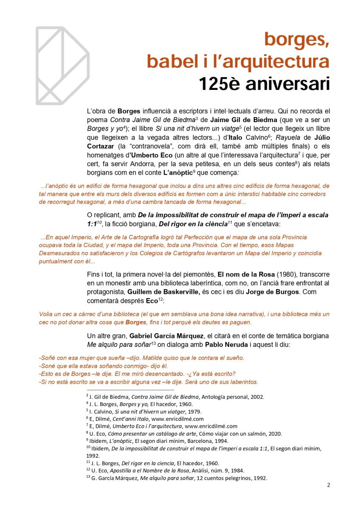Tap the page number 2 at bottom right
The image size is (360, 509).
pos(329,485)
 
